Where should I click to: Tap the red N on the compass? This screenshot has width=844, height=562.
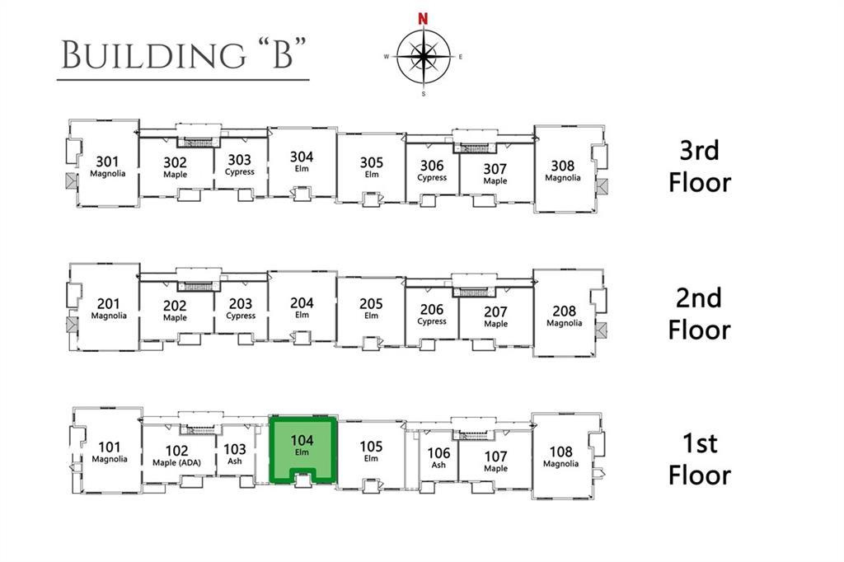[423, 19]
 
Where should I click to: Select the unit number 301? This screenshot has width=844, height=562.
[107, 162]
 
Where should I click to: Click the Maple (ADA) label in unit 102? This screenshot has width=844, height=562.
[176, 462]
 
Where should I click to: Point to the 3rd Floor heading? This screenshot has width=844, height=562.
[699, 166]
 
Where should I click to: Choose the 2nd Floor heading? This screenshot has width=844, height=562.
[699, 314]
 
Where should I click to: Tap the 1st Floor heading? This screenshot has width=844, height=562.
[699, 459]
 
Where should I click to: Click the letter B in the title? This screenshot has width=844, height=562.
[283, 55]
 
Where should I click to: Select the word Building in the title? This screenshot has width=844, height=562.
[153, 55]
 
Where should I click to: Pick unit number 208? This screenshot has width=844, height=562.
[564, 311]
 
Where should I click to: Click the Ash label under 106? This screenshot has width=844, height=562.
[438, 465]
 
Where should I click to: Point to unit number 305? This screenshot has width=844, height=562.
[372, 162]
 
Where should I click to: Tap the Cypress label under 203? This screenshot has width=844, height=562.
[241, 316]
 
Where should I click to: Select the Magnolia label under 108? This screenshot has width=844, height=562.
[560, 463]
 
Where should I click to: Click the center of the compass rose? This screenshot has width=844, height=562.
[424, 55]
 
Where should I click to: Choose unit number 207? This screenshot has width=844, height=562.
[495, 312]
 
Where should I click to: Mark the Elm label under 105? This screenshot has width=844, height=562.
[372, 458]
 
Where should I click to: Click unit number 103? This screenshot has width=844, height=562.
[235, 449]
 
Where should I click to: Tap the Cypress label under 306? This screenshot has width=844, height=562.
[432, 178]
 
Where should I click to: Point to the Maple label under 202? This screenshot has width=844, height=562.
[175, 317]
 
